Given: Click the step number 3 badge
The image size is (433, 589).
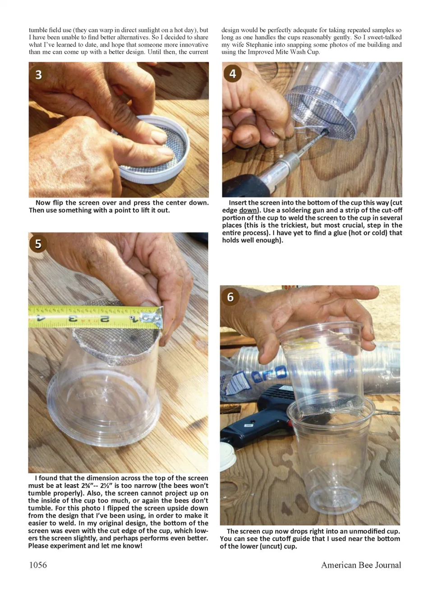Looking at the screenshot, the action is pyautogui.click(x=38, y=74).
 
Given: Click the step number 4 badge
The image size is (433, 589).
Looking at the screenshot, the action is pyautogui.click(x=232, y=74).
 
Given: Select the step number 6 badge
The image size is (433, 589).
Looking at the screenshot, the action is pyautogui.click(x=230, y=297).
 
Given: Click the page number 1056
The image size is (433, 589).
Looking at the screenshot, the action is pyautogui.click(x=38, y=565).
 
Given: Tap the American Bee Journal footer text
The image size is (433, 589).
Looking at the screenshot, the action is pyautogui.click(x=361, y=565).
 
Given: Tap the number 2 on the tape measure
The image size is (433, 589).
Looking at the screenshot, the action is pyautogui.click(x=105, y=319).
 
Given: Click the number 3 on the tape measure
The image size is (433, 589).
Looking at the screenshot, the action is pyautogui.click(x=73, y=319).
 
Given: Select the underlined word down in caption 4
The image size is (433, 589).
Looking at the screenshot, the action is pyautogui.click(x=247, y=210).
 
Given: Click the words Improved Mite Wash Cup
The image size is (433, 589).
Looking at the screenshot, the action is pyautogui.click(x=283, y=52).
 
